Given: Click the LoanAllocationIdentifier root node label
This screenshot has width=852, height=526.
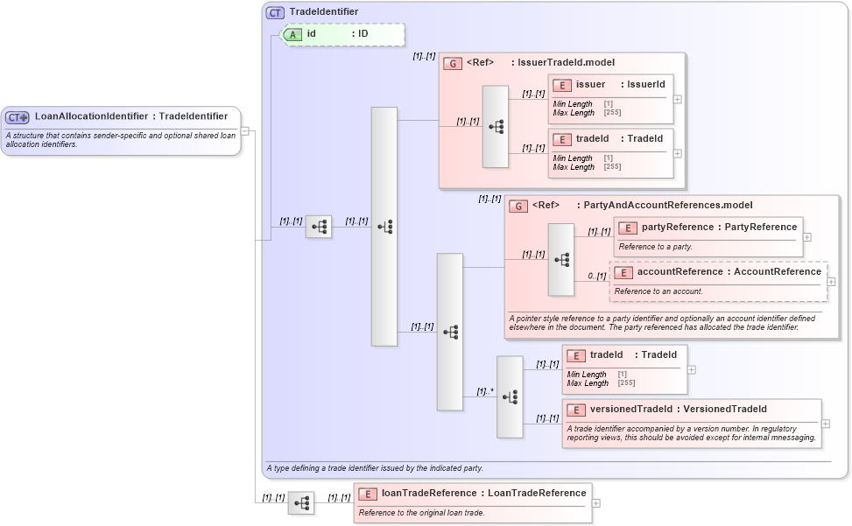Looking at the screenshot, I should coord(131,116).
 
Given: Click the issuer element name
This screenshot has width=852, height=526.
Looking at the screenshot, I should coord(590,85).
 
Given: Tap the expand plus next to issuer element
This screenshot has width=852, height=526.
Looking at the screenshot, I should coord(678,99).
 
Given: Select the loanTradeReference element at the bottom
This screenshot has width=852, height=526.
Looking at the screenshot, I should coord(472,494).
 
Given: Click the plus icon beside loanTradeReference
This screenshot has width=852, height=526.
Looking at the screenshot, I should coord(596,503).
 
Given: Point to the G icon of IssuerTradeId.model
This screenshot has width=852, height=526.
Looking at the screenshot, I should coord(453,63).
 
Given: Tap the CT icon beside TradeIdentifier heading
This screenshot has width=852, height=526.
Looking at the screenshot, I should coord(275,12).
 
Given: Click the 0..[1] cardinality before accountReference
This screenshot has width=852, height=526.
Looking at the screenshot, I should coord(597,277).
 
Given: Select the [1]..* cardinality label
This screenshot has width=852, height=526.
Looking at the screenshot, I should coord(485,391).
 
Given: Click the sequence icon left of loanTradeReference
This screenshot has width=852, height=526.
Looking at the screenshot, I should coord(301,503).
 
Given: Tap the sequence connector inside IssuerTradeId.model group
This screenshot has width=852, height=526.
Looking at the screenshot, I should coord(496,127).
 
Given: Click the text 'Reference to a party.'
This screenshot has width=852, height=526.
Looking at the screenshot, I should coord(655,247).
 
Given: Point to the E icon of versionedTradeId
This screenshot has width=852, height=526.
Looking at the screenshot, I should coord(576,410).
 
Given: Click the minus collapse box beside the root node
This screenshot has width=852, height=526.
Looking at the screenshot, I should coord(245,131).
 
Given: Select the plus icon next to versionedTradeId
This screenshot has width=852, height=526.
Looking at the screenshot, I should coord(826,424).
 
